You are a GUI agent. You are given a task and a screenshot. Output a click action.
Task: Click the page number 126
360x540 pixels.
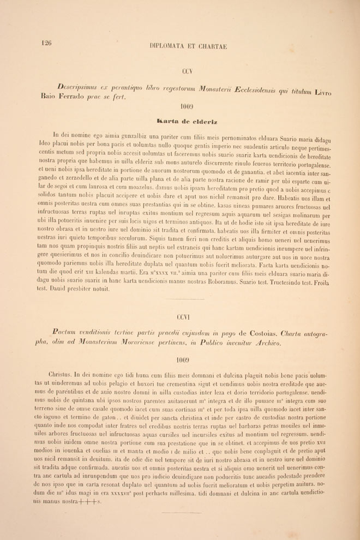[x=46, y=44]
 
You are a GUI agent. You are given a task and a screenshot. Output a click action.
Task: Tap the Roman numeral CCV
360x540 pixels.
[x=188, y=71]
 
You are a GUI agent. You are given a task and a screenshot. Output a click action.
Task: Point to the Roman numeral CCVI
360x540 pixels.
[x=183, y=317]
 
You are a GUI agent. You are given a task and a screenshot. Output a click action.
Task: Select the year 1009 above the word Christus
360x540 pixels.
[x=183, y=359]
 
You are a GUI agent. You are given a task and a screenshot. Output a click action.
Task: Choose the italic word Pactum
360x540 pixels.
[x=67, y=331]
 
